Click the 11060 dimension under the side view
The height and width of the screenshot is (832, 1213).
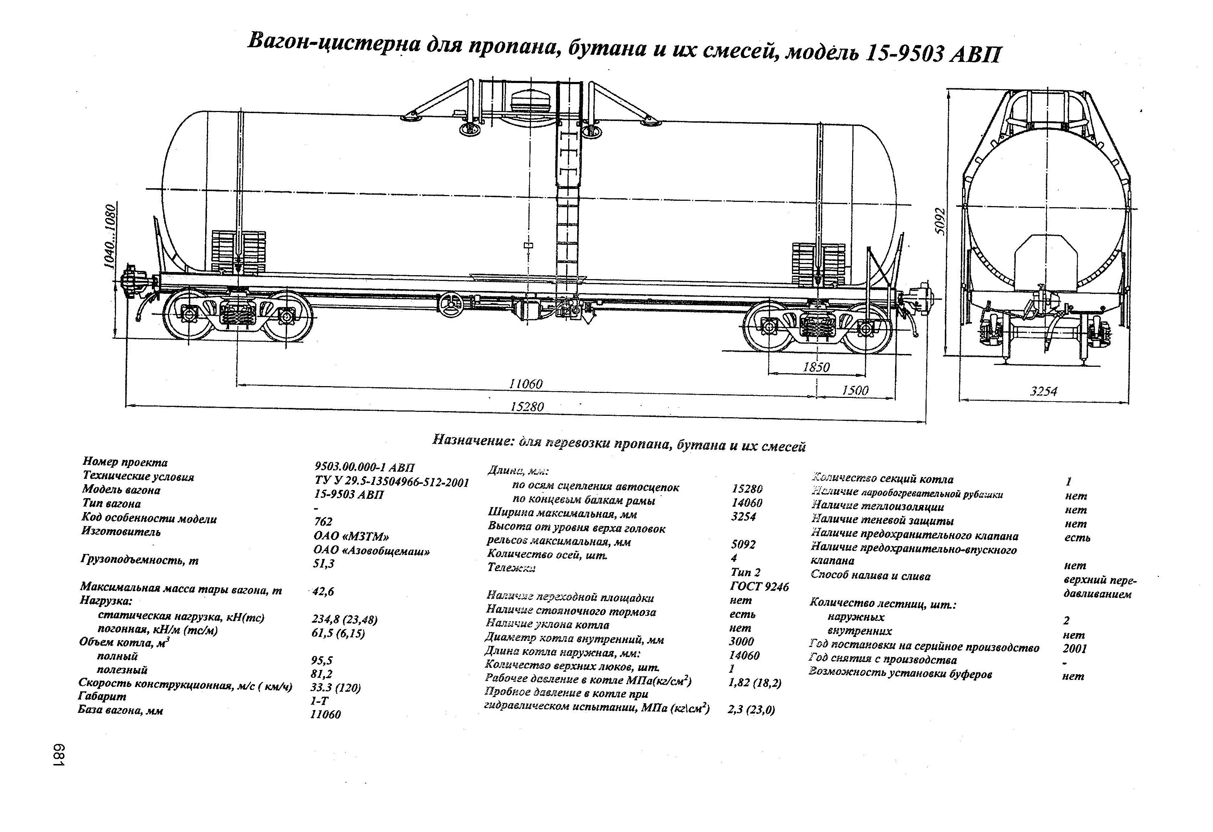point(526,384)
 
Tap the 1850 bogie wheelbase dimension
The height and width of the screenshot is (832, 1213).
point(816,367)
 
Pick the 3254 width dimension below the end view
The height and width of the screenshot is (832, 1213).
point(1043,391)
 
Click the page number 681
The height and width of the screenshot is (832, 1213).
point(59,755)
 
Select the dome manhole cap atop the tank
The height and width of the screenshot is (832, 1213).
point(530,99)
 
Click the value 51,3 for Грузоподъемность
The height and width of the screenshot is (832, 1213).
point(324,564)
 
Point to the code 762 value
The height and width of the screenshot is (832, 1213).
point(323,522)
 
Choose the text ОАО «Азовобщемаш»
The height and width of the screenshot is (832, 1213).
point(371,551)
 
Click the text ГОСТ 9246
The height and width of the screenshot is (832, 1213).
point(759,587)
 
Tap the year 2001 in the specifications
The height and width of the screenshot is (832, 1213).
point(1074,649)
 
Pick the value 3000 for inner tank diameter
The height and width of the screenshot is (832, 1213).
point(741,641)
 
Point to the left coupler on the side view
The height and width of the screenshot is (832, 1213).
point(134,282)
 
